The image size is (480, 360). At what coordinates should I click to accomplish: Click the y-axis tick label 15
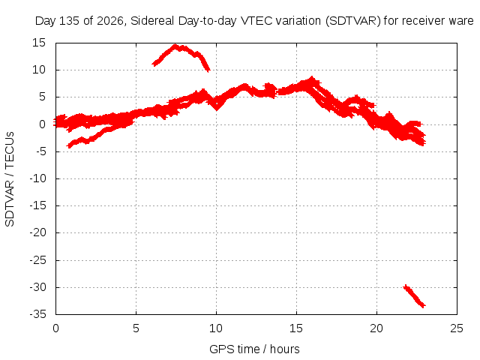tap(39, 43)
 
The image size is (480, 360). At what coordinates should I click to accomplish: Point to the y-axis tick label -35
tap(37, 314)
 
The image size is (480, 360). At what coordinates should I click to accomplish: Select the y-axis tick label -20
tap(37, 232)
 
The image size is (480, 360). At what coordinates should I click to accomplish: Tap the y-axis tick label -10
tap(37, 178)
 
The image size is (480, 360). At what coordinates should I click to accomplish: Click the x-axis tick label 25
tap(457, 328)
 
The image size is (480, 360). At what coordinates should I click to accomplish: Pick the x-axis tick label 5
tap(136, 328)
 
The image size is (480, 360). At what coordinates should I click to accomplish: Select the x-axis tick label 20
tap(376, 328)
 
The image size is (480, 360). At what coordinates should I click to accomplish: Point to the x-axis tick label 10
tap(216, 328)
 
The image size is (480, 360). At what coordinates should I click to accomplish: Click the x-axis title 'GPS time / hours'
tap(254, 349)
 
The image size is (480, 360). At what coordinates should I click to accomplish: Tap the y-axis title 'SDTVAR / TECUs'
tap(10, 179)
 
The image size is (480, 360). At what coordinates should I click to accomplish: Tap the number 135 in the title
tap(69, 21)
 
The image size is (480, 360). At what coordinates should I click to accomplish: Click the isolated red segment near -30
tap(415, 296)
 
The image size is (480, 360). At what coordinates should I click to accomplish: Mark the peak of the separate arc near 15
tap(175, 46)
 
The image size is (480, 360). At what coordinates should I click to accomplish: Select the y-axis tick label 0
tap(42, 124)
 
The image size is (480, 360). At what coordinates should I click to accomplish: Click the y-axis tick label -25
tap(37, 260)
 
